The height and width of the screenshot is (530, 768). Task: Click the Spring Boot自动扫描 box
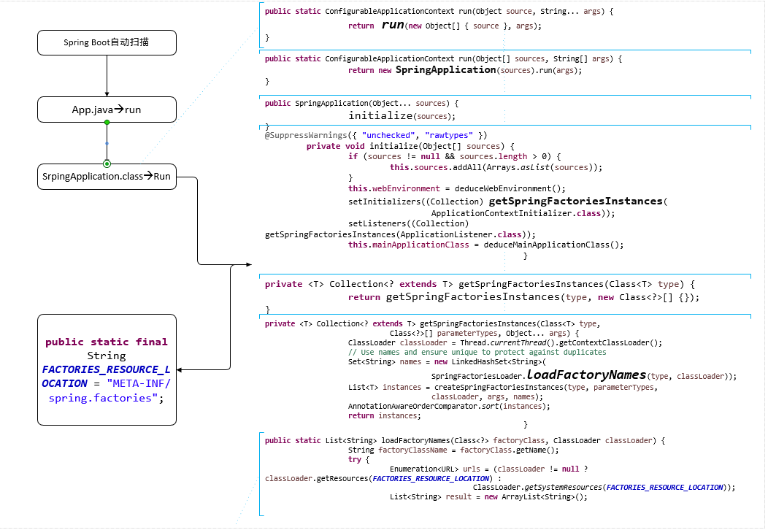coord(107,42)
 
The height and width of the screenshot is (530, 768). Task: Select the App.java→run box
coord(107,110)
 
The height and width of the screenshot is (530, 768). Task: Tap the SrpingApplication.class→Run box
coord(107,177)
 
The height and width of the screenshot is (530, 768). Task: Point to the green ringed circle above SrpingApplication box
coord(107,163)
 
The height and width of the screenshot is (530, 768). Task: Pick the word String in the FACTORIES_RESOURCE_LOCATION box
coord(107,356)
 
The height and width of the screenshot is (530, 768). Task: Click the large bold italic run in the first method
coord(393,25)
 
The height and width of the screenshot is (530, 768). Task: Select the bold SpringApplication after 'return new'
coord(445,70)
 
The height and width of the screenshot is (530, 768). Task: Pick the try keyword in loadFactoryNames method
coord(355,460)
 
